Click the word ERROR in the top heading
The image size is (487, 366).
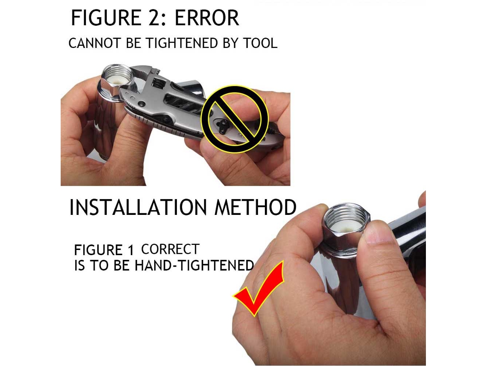point(207,18)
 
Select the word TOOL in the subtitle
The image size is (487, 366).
point(260,43)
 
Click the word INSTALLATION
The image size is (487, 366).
point(138,207)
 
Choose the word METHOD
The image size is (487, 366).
point(255,207)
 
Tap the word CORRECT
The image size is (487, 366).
point(170,249)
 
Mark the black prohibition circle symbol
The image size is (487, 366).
point(235,119)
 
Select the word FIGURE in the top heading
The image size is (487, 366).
point(106,18)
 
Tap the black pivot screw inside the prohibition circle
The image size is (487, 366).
point(223,126)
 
